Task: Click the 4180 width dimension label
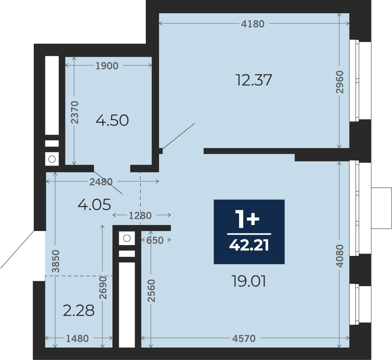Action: click(x=253, y=24)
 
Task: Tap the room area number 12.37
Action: click(x=254, y=80)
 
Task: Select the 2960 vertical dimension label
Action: click(x=340, y=82)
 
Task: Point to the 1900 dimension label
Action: click(x=107, y=66)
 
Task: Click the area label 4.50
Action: click(x=112, y=120)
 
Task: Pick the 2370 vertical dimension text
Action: click(x=74, y=112)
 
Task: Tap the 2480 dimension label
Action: click(x=101, y=182)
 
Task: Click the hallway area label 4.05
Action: click(x=94, y=205)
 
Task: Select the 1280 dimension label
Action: click(x=140, y=215)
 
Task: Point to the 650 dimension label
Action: click(x=155, y=240)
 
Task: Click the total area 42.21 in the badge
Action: click(x=249, y=245)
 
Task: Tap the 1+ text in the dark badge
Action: click(x=247, y=219)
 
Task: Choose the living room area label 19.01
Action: click(x=249, y=281)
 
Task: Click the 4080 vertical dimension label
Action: click(x=340, y=256)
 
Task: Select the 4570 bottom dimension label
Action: click(x=244, y=338)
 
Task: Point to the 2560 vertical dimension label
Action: click(x=151, y=290)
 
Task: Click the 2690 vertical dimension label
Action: click(x=103, y=288)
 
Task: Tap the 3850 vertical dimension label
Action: click(x=55, y=261)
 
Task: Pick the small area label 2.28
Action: click(x=79, y=311)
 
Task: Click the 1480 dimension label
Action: click(x=77, y=338)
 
